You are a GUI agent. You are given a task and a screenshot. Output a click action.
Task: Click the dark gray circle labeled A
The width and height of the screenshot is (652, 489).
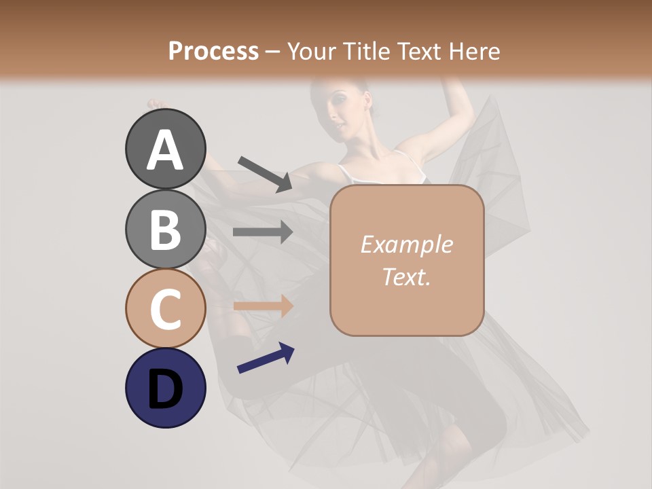[165, 149]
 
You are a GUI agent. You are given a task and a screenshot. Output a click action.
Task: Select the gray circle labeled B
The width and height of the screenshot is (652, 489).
[165, 229]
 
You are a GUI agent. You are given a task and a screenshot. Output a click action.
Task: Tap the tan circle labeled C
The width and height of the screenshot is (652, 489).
[165, 308]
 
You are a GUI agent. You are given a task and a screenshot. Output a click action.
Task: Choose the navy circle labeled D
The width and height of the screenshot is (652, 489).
[165, 388]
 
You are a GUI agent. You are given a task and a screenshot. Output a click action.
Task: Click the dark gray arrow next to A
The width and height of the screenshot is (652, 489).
[265, 174]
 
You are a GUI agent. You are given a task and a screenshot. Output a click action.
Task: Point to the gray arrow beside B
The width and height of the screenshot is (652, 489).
[263, 232]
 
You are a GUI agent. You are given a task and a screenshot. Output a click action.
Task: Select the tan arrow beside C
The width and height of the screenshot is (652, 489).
[263, 306]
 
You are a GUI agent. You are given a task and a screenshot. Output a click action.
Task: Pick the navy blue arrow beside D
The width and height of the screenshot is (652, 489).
[266, 358]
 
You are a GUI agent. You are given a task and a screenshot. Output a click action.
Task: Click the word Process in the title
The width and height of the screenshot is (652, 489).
[213, 51]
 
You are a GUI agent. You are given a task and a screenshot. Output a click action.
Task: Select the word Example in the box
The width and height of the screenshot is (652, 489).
[406, 244]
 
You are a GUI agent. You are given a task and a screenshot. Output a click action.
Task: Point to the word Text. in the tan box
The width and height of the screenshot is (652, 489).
[406, 276]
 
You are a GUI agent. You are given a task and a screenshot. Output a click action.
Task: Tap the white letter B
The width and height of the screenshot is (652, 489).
[165, 229]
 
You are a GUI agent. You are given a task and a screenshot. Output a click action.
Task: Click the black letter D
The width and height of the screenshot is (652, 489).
[165, 390]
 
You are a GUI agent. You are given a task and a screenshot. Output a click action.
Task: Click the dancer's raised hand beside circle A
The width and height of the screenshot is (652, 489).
[155, 104]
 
